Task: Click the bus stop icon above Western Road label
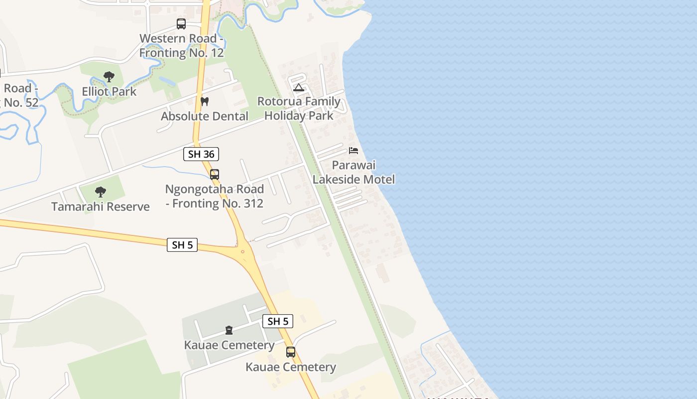pyautogui.click(x=181, y=24)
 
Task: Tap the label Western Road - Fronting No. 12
pyautogui.click(x=181, y=45)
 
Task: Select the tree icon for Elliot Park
pyautogui.click(x=109, y=77)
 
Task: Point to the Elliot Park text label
pyautogui.click(x=109, y=92)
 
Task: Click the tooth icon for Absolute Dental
pyautogui.click(x=204, y=101)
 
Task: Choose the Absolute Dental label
pyautogui.click(x=205, y=116)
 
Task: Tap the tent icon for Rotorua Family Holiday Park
pyautogui.click(x=299, y=88)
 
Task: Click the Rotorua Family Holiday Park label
pyautogui.click(x=299, y=109)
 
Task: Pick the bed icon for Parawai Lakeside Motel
pyautogui.click(x=353, y=150)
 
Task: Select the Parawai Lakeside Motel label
pyautogui.click(x=353, y=172)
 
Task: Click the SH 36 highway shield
pyautogui.click(x=201, y=154)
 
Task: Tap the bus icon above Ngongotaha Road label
pyautogui.click(x=215, y=175)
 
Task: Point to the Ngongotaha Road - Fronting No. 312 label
pyautogui.click(x=215, y=197)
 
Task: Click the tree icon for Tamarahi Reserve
pyautogui.click(x=101, y=192)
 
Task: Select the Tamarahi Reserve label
pyautogui.click(x=101, y=206)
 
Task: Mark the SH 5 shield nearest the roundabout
pyautogui.click(x=182, y=245)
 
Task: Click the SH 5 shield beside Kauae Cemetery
pyautogui.click(x=278, y=321)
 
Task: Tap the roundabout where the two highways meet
pyautogui.click(x=243, y=251)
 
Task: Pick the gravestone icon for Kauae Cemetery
pyautogui.click(x=229, y=330)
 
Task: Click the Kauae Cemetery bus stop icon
pyautogui.click(x=291, y=352)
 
